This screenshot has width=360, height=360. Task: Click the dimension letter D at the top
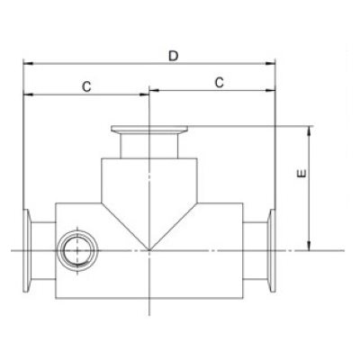pos(173,56)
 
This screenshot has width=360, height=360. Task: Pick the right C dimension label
pos(219,82)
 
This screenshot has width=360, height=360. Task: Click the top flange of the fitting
pos(148,130)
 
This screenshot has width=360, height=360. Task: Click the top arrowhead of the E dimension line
pos(310,130)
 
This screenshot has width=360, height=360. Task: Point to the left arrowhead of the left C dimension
pos(27,93)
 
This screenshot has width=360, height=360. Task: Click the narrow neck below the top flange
pos(148,147)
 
